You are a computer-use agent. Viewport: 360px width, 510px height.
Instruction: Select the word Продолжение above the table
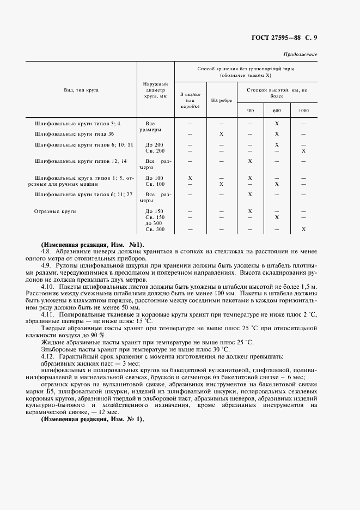pos(301,54)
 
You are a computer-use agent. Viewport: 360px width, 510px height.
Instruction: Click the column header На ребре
pos(222,101)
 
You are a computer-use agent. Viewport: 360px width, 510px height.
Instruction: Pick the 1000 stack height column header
pos(303,111)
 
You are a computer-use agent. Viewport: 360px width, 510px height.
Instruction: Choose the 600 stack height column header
pos(277,111)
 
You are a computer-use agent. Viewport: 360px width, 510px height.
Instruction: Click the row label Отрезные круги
pos(54,210)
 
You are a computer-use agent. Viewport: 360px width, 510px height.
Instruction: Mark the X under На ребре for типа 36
pos(222,133)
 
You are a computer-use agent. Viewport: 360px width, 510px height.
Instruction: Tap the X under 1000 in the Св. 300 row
pos(303,229)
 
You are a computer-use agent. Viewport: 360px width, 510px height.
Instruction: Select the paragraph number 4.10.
pos(48,286)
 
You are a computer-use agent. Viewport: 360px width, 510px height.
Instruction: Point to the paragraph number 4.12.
pos(48,356)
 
